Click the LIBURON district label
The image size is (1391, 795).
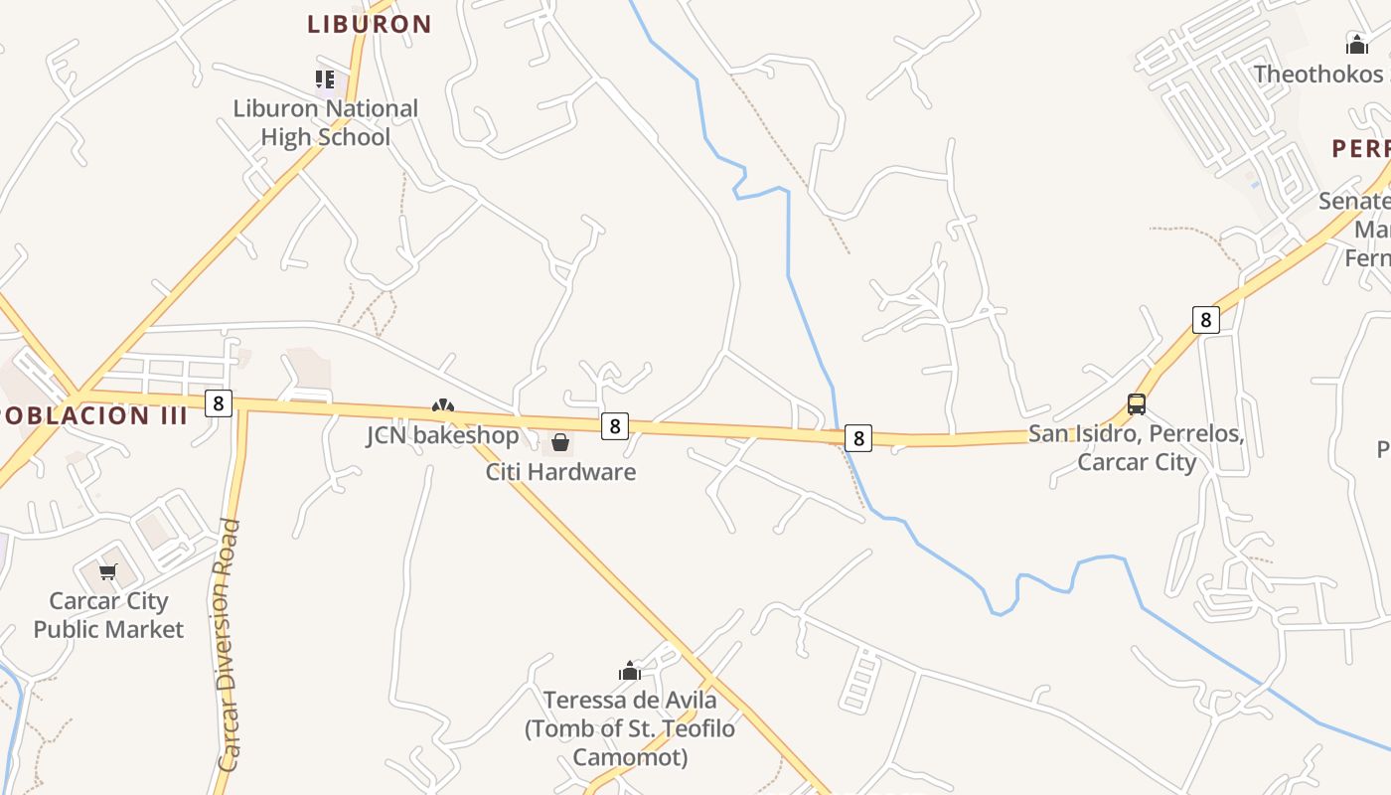tap(369, 24)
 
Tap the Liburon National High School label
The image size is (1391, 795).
tap(326, 122)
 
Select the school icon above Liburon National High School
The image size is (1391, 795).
tap(325, 79)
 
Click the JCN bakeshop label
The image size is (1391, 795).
tap(442, 435)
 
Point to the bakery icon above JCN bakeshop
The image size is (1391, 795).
tap(442, 405)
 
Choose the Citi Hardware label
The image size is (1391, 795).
tap(560, 471)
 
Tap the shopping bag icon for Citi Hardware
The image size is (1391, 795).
tap(560, 442)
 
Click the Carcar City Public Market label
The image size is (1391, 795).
tap(108, 614)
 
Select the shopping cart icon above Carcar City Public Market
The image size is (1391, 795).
tap(108, 571)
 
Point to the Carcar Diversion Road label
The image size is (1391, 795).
tap(230, 646)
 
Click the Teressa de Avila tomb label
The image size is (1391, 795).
tap(630, 728)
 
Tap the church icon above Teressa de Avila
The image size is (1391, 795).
tap(630, 672)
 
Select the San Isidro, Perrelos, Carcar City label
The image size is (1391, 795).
tap(1137, 448)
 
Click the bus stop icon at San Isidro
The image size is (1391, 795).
tap(1137, 404)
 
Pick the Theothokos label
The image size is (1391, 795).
tap(1317, 74)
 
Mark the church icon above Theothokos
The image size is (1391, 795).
tap(1356, 44)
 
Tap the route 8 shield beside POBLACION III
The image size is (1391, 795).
tap(219, 402)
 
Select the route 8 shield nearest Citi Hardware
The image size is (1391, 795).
tap(615, 425)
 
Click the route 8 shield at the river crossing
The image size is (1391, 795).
tap(858, 437)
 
